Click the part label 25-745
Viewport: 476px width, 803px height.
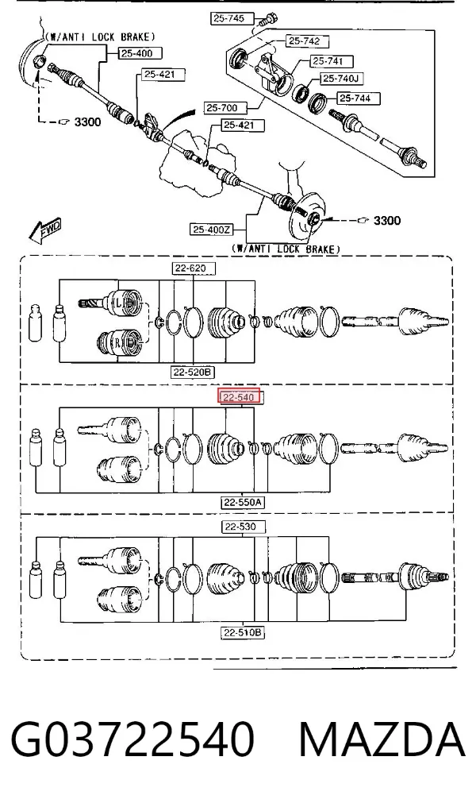228,18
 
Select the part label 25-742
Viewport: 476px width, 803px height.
304,41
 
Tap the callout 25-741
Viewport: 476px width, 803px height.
328,61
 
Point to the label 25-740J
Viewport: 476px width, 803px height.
342,79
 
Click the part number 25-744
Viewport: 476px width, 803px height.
355,98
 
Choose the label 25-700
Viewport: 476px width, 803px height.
222,108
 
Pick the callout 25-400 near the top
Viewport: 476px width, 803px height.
136,52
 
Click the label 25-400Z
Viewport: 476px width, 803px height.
212,230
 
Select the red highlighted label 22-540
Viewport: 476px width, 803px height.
240,396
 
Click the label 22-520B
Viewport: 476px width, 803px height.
192,373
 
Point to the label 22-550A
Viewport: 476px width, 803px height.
243,503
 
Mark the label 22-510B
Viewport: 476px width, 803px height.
243,633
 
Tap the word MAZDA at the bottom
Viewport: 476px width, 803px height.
382,739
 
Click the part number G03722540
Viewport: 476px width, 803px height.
132,739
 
